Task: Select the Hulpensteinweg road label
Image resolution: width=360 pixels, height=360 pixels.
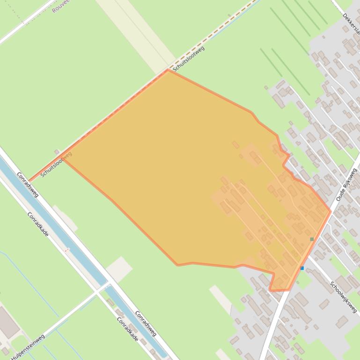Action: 29,346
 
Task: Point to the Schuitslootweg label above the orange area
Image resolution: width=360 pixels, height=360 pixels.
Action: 189,58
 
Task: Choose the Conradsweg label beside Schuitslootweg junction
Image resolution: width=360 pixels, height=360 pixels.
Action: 28,184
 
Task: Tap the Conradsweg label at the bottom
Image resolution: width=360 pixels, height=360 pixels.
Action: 146,323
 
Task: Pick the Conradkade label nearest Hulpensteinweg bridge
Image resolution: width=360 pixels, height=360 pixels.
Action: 127,329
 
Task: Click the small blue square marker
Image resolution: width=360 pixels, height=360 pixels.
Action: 302,268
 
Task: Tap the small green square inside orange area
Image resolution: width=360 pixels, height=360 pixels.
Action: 312,239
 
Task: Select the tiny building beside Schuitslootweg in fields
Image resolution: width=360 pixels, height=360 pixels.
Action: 57,152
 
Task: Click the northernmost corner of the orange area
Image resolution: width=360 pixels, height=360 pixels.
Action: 168,70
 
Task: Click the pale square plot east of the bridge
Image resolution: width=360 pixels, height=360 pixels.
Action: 119,269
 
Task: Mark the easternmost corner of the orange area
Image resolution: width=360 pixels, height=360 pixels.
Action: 331,212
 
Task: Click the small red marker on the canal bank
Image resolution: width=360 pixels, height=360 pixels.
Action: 66,250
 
